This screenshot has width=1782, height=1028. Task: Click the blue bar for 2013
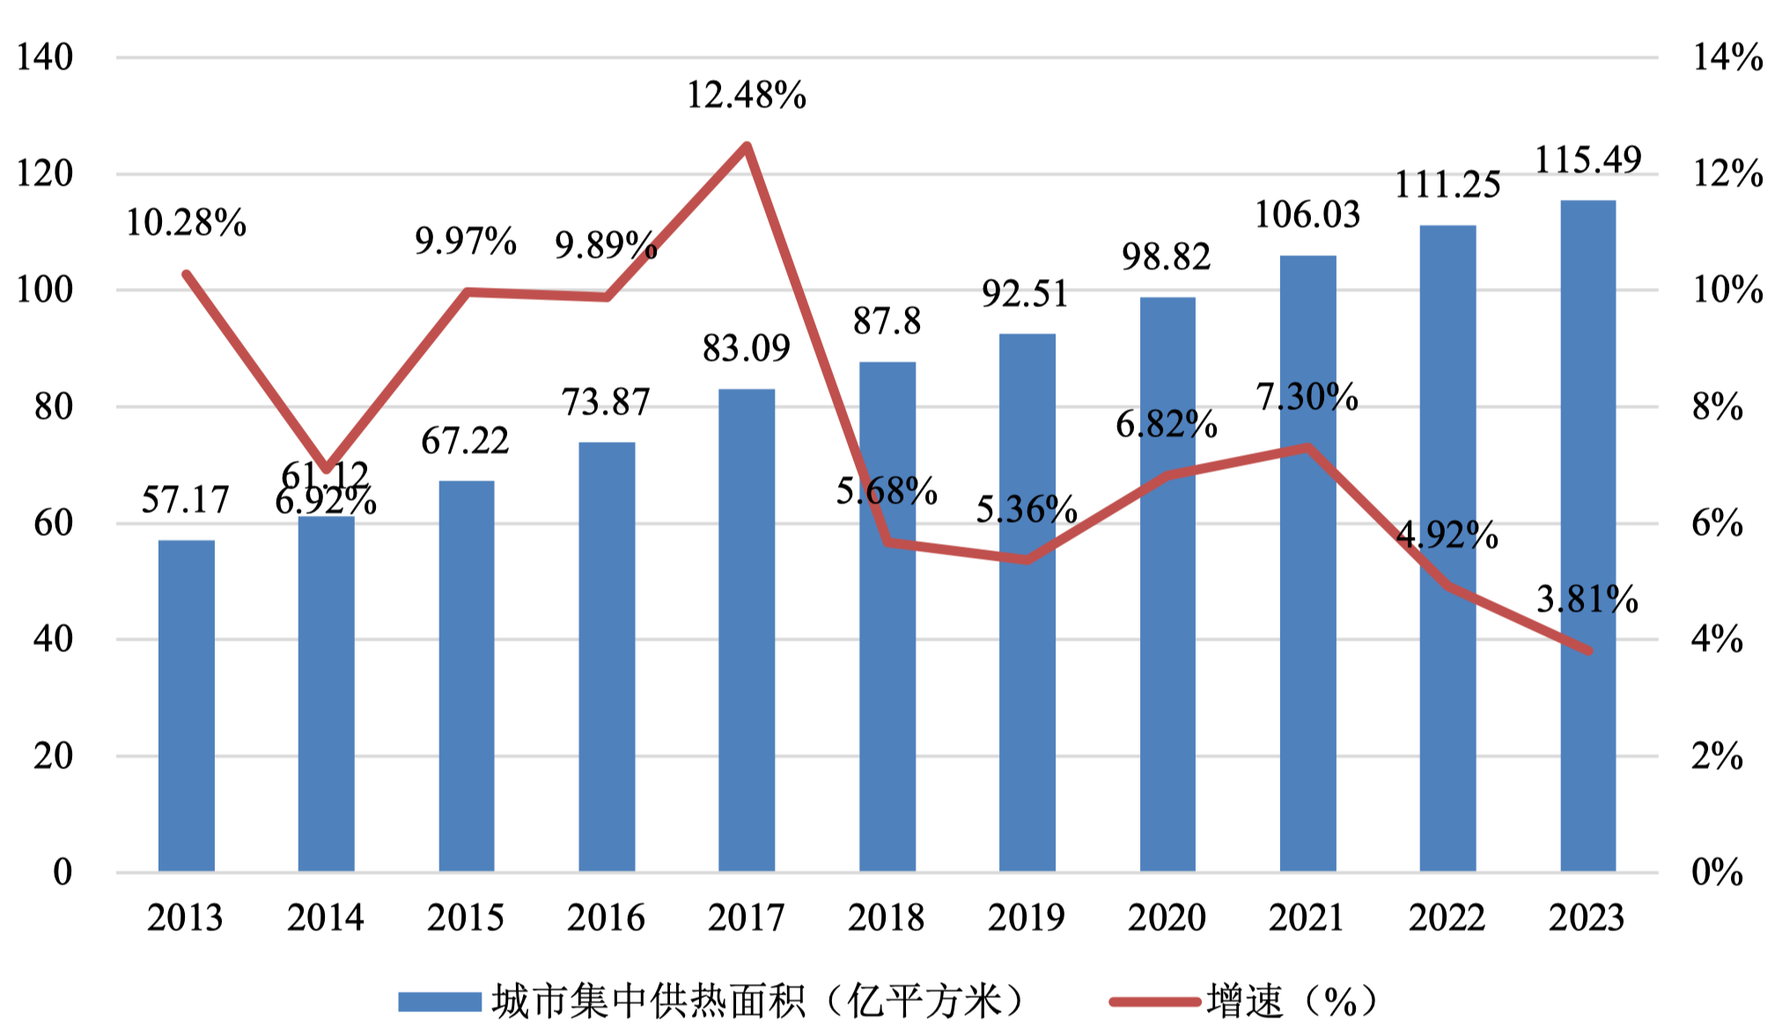point(186,705)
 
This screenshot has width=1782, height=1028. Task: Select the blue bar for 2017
point(747,629)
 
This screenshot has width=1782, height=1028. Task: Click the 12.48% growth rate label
point(747,95)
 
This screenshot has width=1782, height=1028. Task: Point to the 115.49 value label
point(1588,160)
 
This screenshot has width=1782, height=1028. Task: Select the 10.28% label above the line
point(186,223)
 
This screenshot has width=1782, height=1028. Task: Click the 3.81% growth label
point(1587,599)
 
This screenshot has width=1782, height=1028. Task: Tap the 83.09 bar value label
point(747,349)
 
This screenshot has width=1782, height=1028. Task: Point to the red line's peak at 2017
point(747,145)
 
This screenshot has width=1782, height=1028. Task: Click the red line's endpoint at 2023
point(1589,650)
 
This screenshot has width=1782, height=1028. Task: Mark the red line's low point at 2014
point(326,468)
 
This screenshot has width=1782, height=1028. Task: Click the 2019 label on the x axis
point(1027,918)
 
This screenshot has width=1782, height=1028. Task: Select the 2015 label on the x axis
point(466,918)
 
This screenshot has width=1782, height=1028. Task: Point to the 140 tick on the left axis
point(45,58)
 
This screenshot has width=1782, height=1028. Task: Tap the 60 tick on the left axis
point(53,524)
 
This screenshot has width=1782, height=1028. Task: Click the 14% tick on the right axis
point(1727,58)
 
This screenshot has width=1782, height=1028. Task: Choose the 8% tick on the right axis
point(1718,408)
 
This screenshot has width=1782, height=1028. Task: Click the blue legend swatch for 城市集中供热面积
point(439,1002)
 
